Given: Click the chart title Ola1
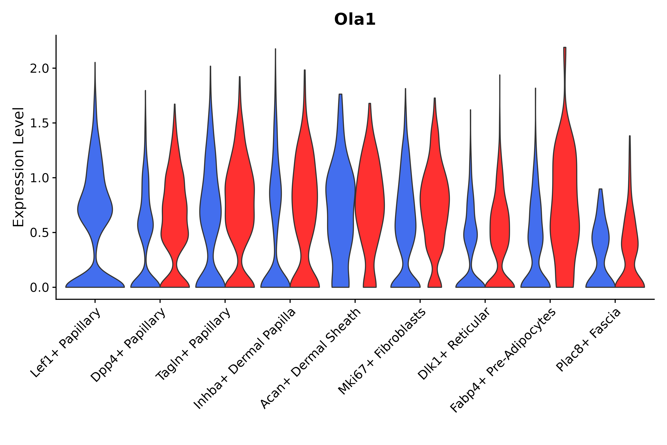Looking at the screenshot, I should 355,20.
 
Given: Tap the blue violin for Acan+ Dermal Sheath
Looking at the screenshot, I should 340,199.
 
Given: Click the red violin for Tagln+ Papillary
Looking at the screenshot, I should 240,199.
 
